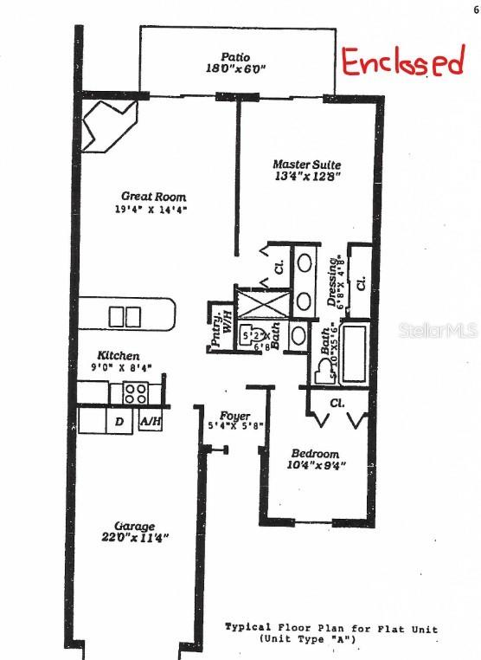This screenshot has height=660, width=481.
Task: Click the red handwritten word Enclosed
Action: pos(402,62)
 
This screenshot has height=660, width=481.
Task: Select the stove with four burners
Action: pos(135,393)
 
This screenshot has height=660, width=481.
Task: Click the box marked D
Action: pos(118,422)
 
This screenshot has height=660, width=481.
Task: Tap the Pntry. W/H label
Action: pos(219,329)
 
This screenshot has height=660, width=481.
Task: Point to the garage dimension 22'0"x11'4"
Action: pos(135,538)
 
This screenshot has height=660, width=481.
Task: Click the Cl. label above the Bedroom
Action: pos(337,404)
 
